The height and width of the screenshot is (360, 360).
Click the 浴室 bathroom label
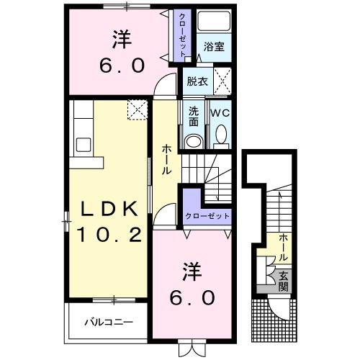tap(213, 48)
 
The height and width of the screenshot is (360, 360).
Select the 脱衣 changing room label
tap(197, 81)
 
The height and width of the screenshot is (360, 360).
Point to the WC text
tap(219, 114)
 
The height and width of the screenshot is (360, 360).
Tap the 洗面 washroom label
tap(194, 117)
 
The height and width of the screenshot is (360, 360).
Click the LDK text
tap(107, 210)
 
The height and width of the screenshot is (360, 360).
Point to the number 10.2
tap(109, 234)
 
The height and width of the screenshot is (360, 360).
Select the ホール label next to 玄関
tap(284, 247)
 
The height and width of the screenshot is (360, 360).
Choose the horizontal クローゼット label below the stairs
tap(208, 216)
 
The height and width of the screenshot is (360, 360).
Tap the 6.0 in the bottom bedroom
tap(194, 296)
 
